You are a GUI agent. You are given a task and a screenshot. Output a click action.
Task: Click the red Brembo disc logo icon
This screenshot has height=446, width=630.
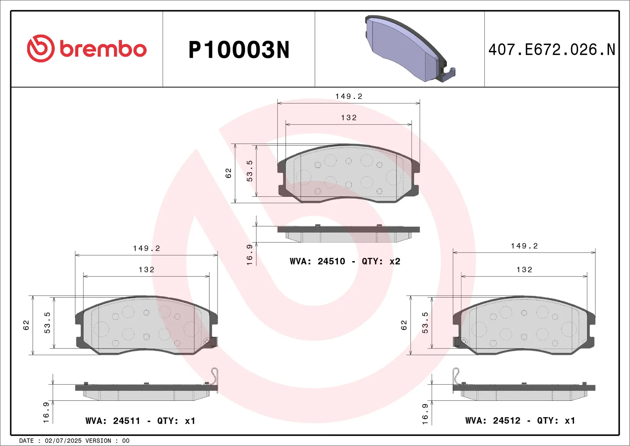(x=41, y=48)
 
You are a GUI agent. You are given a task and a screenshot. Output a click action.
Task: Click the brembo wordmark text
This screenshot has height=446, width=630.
(x=103, y=49)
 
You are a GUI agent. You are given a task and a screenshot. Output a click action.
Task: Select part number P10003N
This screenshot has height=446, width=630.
(x=239, y=50)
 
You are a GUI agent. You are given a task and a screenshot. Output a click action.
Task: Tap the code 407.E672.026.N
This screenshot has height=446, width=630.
(x=552, y=50)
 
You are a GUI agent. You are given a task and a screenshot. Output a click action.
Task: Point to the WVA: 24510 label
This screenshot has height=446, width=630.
(x=317, y=261)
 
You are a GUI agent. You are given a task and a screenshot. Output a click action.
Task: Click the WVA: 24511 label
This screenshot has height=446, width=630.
(x=113, y=421)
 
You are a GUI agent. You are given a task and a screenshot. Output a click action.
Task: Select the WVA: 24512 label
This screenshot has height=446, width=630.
(x=493, y=420)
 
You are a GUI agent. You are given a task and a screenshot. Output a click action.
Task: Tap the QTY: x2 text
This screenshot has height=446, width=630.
(x=381, y=261)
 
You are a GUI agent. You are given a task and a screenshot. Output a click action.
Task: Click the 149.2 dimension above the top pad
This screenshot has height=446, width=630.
(x=348, y=96)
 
